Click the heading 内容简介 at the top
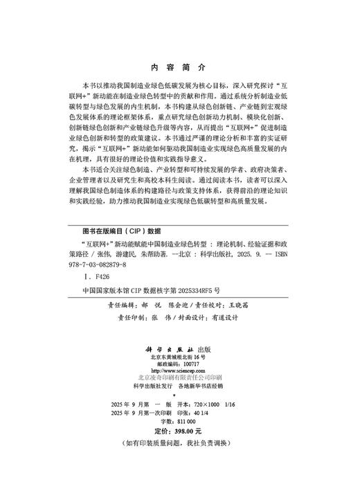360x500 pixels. tap(179, 68)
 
